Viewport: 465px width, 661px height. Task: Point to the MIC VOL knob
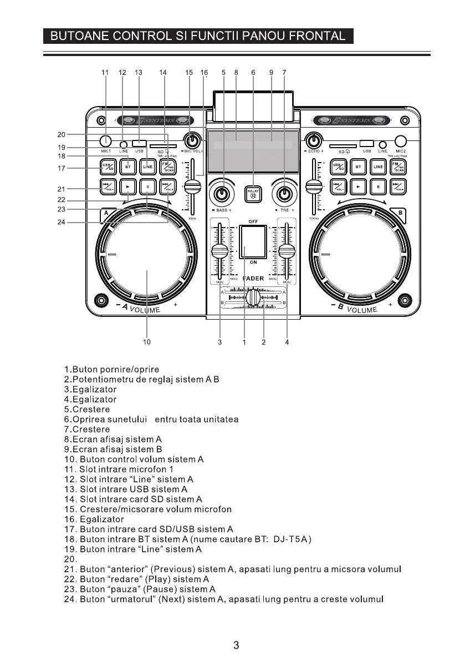tap(192, 139)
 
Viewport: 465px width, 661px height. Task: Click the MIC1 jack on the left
tap(106, 141)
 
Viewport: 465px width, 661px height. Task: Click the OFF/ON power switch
tap(253, 241)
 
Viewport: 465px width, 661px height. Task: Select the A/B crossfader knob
tap(253, 297)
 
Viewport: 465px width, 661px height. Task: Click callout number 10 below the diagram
tap(146, 342)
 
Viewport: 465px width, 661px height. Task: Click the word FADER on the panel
tap(253, 279)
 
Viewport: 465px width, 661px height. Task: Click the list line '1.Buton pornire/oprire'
tap(112, 369)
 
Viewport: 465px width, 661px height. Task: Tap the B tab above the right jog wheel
tap(398, 212)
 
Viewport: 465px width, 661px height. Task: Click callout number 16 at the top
tap(204, 72)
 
